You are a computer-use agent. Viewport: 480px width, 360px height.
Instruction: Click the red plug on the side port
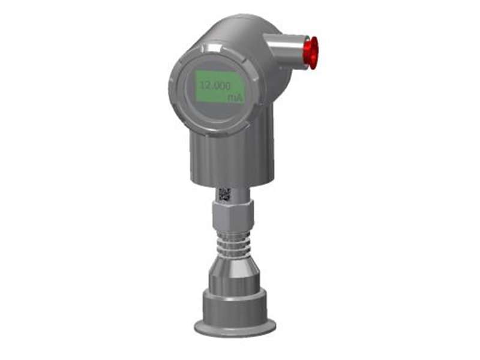[310, 53]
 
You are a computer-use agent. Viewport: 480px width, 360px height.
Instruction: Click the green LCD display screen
[220, 87]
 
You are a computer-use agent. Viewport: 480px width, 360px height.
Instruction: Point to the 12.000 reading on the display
[215, 86]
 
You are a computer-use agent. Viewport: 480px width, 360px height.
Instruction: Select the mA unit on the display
[235, 98]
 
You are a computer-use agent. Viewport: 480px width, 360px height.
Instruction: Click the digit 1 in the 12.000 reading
[202, 85]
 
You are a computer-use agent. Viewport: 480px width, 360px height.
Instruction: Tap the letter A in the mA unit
[239, 98]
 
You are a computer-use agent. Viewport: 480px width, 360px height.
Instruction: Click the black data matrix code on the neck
[224, 195]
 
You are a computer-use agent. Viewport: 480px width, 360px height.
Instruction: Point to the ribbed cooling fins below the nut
[235, 244]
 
